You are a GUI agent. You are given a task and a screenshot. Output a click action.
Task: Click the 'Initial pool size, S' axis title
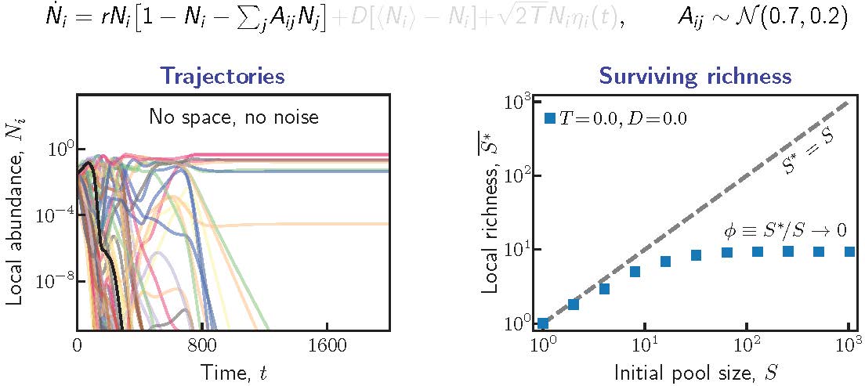point(695,370)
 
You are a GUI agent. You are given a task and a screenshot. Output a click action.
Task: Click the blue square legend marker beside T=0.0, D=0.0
point(549,118)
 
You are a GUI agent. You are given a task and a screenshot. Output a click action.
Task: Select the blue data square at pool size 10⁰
point(543,323)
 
